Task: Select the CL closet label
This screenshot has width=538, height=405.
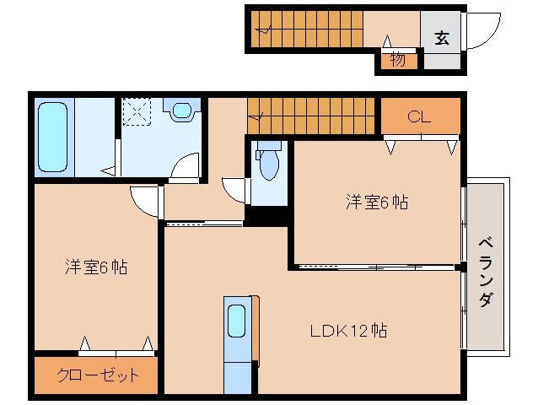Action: tap(419, 116)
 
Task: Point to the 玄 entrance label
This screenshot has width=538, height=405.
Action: tap(442, 37)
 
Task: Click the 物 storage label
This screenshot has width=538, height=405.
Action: tap(397, 60)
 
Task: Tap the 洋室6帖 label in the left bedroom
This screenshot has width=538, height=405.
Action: tap(96, 267)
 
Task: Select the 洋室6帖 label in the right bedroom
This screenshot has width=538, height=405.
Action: tap(376, 202)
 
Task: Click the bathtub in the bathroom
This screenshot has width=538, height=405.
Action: tap(53, 137)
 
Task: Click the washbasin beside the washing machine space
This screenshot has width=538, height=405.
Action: tap(182, 111)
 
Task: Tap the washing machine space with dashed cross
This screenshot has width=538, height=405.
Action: tap(136, 111)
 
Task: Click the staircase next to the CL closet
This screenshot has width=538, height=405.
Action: tap(310, 115)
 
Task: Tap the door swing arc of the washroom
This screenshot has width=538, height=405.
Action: tap(185, 166)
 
